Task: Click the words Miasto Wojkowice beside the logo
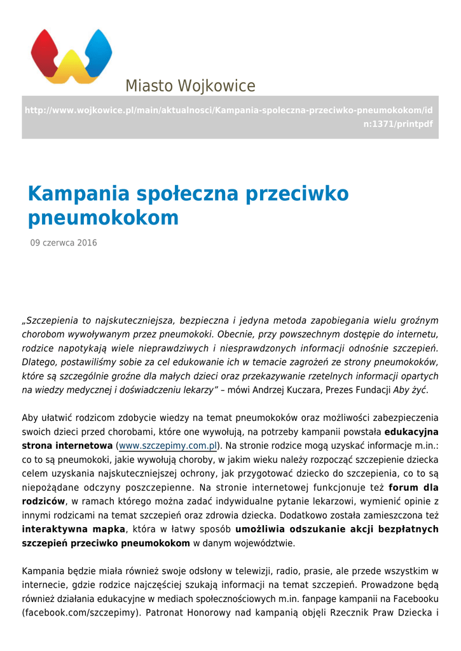click(x=190, y=86)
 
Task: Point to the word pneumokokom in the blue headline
click(x=103, y=218)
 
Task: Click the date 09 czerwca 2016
click(x=64, y=243)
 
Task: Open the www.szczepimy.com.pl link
click(x=169, y=446)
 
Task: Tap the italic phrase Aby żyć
click(x=410, y=390)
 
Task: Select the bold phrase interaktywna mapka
click(x=74, y=529)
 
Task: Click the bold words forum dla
click(x=413, y=488)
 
